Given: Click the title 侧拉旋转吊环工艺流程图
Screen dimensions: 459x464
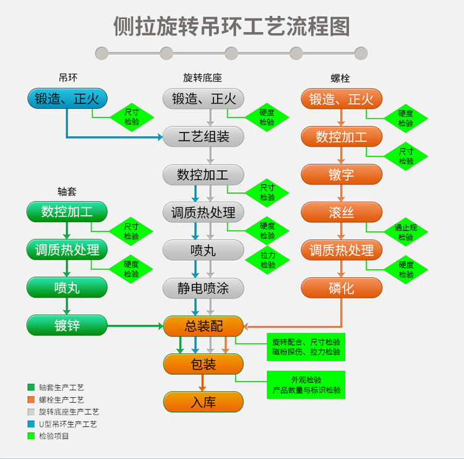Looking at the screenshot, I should pyautogui.click(x=231, y=26).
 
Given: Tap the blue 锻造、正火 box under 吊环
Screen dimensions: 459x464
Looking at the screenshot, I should pyautogui.click(x=67, y=98).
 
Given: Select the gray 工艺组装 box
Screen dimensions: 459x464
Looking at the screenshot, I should pyautogui.click(x=204, y=137).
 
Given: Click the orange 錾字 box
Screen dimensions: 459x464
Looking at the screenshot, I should pyautogui.click(x=342, y=174).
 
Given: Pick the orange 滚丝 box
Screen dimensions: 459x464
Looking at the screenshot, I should pyautogui.click(x=342, y=213).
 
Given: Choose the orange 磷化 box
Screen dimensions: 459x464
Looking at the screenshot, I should pyautogui.click(x=342, y=288).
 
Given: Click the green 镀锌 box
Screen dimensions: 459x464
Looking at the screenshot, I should pyautogui.click(x=67, y=325).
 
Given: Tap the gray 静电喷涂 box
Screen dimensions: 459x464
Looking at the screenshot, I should pyautogui.click(x=204, y=288).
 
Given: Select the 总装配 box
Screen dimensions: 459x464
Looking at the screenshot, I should pyautogui.click(x=204, y=326).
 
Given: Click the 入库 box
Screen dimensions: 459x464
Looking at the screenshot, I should pyautogui.click(x=204, y=402).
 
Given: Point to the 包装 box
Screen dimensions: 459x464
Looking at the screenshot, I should pyautogui.click(x=204, y=364).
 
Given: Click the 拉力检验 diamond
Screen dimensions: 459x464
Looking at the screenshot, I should pyautogui.click(x=267, y=260).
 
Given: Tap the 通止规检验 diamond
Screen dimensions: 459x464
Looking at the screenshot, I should pyautogui.click(x=406, y=232).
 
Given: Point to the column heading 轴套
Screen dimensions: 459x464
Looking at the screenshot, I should pyautogui.click(x=67, y=192).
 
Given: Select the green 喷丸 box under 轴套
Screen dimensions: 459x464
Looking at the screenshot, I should pyautogui.click(x=67, y=288).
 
